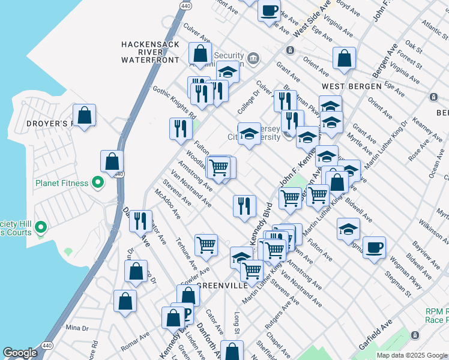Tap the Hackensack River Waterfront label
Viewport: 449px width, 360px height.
pyautogui.click(x=150, y=52)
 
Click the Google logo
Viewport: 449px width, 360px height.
pyautogui.click(x=20, y=353)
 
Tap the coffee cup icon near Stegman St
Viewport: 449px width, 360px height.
pyautogui.click(x=374, y=248)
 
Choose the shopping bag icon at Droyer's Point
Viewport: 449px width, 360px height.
pyautogui.click(x=85, y=115)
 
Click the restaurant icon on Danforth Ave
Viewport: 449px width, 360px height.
pyautogui.click(x=140, y=221)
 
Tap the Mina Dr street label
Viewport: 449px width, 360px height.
pyautogui.click(x=77, y=328)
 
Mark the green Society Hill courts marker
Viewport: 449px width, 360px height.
pyautogui.click(x=41, y=227)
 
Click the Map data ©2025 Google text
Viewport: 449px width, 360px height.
pyautogui.click(x=412, y=355)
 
